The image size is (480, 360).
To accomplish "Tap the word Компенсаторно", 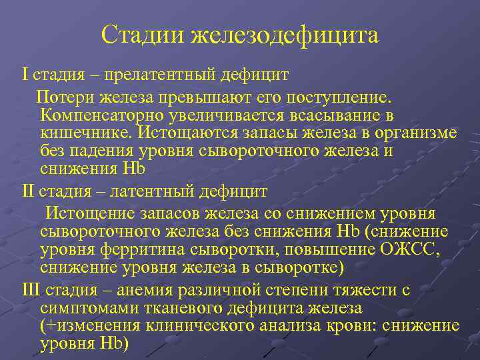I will tap(99, 115).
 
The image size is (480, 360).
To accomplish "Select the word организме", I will tap(417, 132).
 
